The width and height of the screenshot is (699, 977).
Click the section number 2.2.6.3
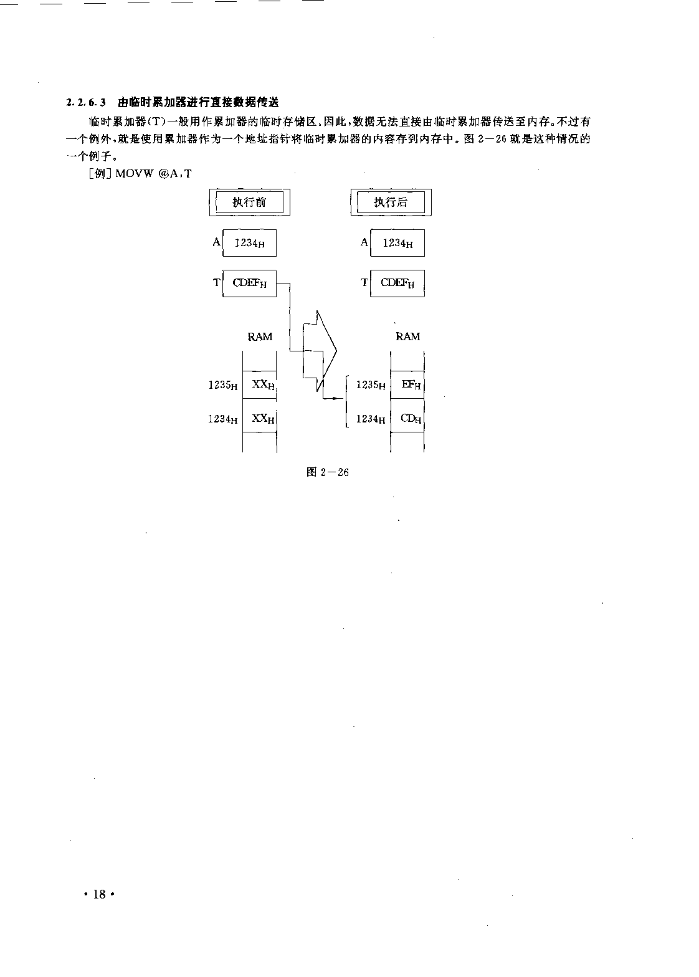point(86,102)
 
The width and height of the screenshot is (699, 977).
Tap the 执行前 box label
point(249,202)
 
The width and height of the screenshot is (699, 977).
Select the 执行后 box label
point(391,202)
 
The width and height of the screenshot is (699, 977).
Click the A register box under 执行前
point(249,243)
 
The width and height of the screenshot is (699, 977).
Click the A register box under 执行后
point(397,243)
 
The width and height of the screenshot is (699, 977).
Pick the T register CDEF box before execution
point(249,283)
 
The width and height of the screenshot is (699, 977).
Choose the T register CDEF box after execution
point(397,283)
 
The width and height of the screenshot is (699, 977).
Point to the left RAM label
point(260,336)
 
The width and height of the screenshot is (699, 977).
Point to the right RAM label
point(407,336)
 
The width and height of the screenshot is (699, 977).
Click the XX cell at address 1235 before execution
point(259,384)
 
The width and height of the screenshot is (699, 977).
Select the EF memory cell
point(407,384)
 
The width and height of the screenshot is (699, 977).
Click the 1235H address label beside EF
point(371,385)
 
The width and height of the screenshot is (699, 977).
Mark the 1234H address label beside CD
point(371,419)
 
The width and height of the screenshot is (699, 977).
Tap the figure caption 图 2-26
point(328,472)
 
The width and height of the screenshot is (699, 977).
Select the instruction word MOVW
point(135,174)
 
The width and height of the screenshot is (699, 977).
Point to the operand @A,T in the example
point(175,174)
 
